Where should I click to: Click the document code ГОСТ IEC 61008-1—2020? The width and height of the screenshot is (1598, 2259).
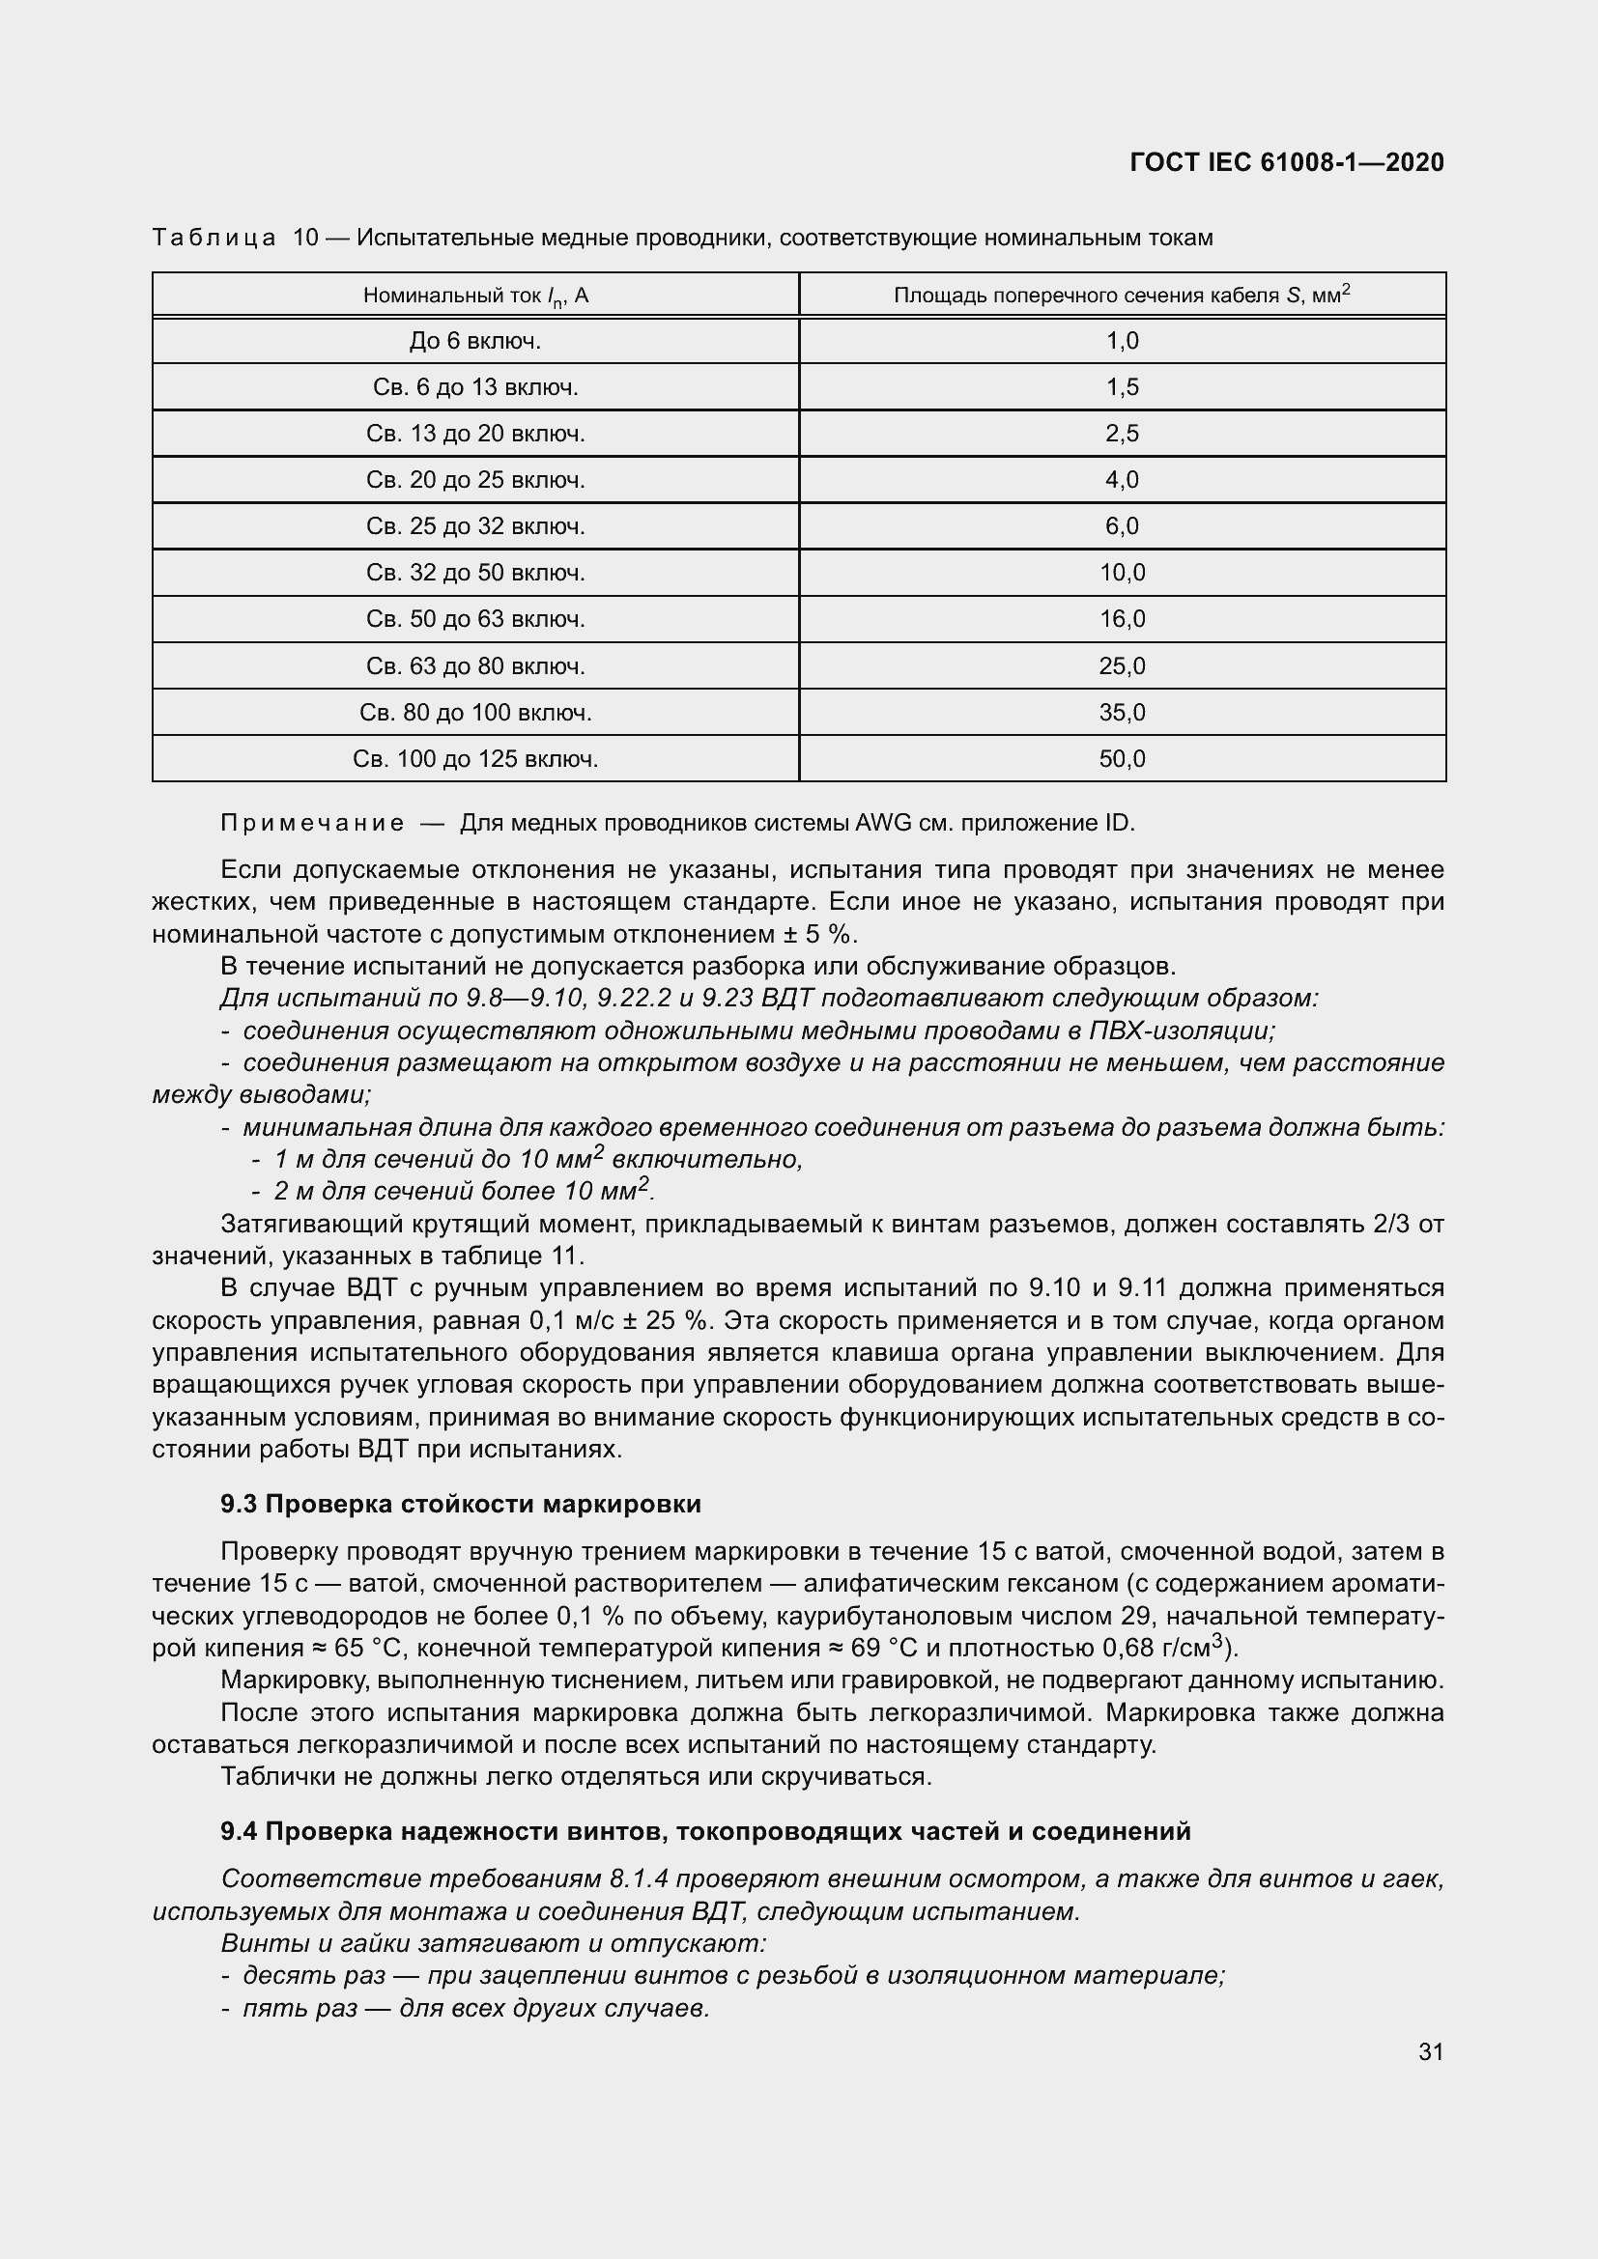(x=1286, y=162)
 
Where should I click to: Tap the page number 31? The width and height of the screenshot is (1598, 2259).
(x=1431, y=2051)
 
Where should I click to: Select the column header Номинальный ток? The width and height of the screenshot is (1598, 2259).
(x=475, y=296)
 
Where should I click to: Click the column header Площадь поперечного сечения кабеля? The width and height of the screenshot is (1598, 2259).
(x=1121, y=295)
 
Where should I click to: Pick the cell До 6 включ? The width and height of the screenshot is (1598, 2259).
(x=475, y=341)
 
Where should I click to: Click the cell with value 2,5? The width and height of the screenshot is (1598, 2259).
(x=1122, y=434)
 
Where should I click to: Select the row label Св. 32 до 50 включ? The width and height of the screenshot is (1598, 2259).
(x=475, y=573)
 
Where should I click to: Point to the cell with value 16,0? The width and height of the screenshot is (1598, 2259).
(x=1122, y=619)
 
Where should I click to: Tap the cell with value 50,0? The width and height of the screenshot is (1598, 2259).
(x=1122, y=758)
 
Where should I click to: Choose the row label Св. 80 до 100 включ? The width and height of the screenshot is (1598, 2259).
(x=475, y=713)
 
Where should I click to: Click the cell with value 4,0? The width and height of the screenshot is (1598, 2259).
(x=1122, y=480)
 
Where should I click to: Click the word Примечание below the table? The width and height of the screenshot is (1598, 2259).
(x=312, y=824)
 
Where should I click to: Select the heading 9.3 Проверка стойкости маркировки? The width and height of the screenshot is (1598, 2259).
(x=461, y=1505)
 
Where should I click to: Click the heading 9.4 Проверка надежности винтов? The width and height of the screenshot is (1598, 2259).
(x=704, y=1831)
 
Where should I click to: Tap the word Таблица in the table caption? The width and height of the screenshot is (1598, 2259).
(x=214, y=239)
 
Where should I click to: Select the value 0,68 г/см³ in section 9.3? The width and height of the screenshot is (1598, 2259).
(x=1162, y=1648)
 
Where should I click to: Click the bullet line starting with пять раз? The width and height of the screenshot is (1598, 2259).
(x=475, y=2008)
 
